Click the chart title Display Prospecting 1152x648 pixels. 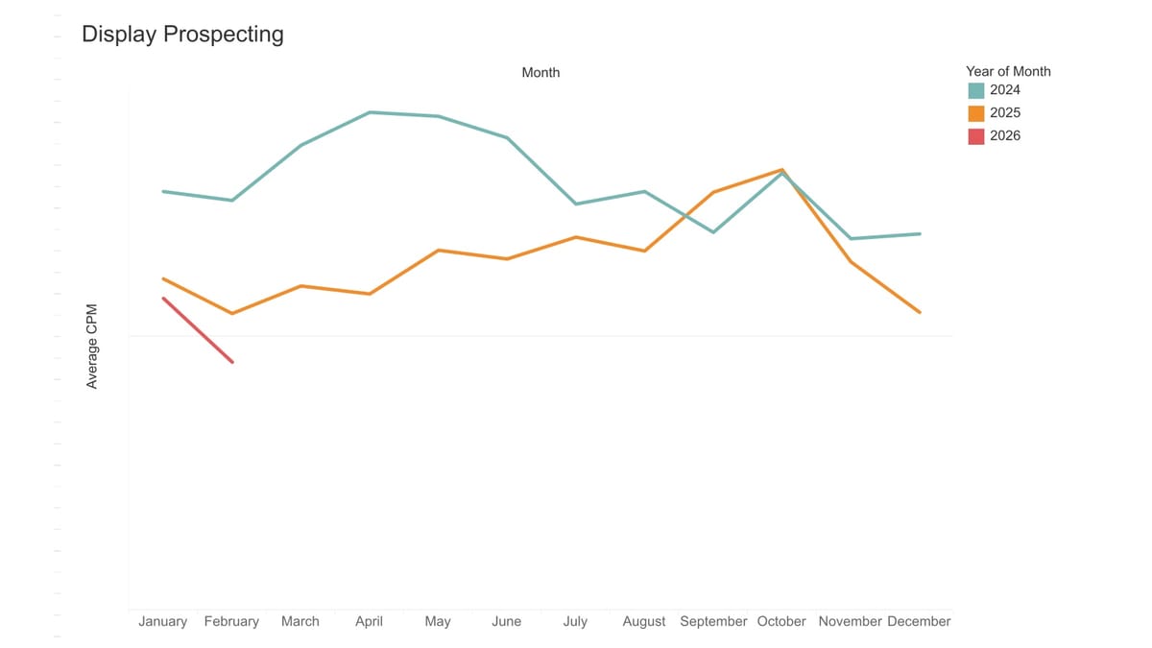coord(182,35)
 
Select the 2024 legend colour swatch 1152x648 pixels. coord(976,90)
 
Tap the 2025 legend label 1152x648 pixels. coord(1005,113)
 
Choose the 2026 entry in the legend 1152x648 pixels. coord(1005,136)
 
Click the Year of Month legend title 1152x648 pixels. coord(1008,71)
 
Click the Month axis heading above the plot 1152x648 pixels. coord(540,73)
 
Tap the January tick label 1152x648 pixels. coord(163,622)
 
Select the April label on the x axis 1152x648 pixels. coord(369,622)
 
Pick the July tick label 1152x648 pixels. coord(575,622)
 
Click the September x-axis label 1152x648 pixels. coord(713,622)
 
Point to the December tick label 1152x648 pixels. coord(919,622)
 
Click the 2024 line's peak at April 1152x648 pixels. coord(370,112)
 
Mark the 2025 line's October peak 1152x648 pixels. coord(782,170)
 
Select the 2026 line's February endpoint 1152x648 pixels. coord(232,362)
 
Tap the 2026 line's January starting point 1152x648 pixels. coord(164,299)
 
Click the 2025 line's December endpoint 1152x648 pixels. coord(920,312)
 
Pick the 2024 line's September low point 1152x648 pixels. coord(713,232)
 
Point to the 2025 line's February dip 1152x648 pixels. coord(232,313)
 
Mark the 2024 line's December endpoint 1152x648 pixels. coord(920,234)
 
